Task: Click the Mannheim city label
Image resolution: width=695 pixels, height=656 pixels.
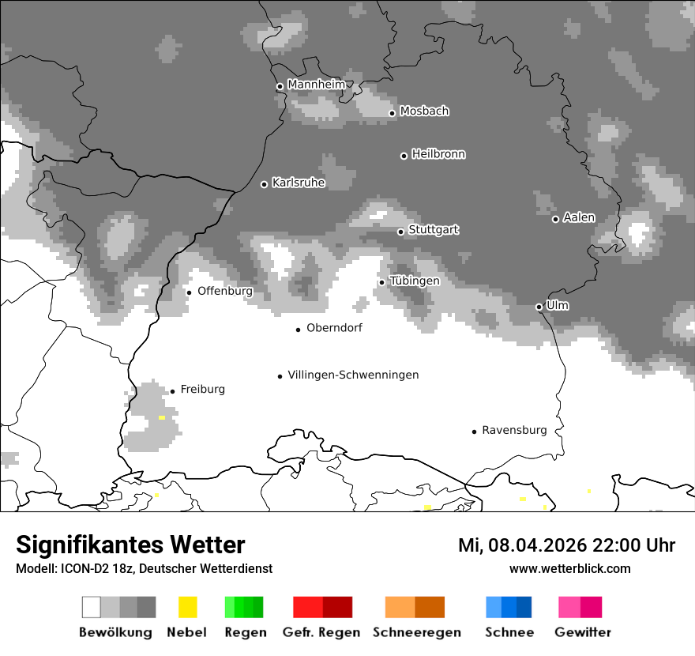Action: pyautogui.click(x=317, y=85)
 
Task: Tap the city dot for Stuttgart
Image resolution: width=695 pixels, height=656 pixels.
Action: pyautogui.click(x=400, y=232)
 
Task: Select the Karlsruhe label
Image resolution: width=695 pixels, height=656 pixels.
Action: pyautogui.click(x=299, y=183)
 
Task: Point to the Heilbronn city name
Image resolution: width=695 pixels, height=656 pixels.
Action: pyautogui.click(x=438, y=154)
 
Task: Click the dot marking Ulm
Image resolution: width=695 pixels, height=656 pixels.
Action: pyautogui.click(x=539, y=307)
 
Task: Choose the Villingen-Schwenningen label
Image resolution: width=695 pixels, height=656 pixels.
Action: pyautogui.click(x=353, y=375)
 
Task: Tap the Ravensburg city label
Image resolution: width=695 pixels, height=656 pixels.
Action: pyautogui.click(x=514, y=430)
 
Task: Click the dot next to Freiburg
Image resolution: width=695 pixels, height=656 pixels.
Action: pyautogui.click(x=172, y=391)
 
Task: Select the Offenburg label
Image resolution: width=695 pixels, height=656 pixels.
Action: pyautogui.click(x=225, y=291)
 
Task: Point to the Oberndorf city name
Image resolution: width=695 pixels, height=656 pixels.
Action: pyautogui.click(x=334, y=328)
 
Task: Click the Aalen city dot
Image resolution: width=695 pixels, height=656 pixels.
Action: pyautogui.click(x=555, y=219)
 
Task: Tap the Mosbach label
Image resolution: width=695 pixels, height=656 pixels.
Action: pyautogui.click(x=424, y=111)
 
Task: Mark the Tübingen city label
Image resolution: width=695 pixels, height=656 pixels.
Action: pyautogui.click(x=415, y=281)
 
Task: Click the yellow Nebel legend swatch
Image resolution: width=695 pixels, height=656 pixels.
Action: pyautogui.click(x=187, y=607)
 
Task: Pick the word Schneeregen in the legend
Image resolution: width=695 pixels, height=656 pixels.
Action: pyautogui.click(x=417, y=632)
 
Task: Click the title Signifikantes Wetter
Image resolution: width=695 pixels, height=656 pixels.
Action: pyautogui.click(x=130, y=545)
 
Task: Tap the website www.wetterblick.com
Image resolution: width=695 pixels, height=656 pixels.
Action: pyautogui.click(x=569, y=568)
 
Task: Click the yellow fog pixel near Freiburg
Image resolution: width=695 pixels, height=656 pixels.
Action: pyautogui.click(x=162, y=417)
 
